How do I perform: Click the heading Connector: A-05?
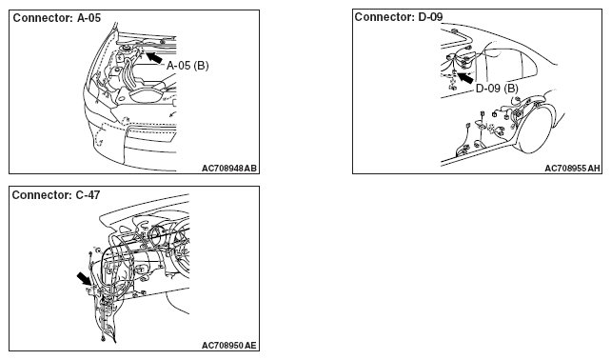57,18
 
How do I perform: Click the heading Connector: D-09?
399,17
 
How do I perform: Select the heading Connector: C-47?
56,195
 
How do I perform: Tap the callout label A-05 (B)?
187,66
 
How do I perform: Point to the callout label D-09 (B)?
497,89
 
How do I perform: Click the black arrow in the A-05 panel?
154,57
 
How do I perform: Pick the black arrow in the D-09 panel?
464,77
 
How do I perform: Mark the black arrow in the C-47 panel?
84,278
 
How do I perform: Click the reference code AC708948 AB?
229,169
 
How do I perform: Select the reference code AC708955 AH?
572,169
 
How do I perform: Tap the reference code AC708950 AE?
229,346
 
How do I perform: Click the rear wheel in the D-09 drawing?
540,128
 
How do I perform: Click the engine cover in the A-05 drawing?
148,95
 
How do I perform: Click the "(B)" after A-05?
201,66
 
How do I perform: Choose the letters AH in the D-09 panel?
594,169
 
